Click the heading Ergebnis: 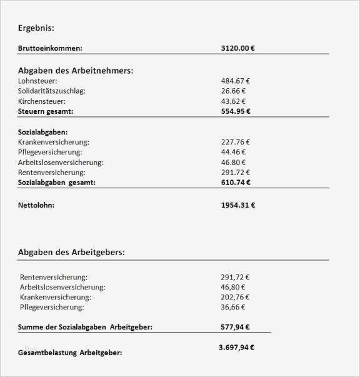[36, 28]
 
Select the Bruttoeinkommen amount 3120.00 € [237, 48]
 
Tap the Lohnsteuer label [39, 81]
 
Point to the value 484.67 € [236, 81]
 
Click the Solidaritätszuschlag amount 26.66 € [234, 91]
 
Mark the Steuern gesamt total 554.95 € [236, 111]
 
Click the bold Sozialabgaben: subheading [43, 132]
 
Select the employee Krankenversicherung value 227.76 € [236, 142]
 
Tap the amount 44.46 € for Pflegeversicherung [234, 152]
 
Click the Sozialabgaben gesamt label [57, 182]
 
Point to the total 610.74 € [236, 182]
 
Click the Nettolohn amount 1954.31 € [238, 204]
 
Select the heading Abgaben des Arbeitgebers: [71, 252]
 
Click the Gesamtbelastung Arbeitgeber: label [70, 353]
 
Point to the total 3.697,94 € [237, 348]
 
